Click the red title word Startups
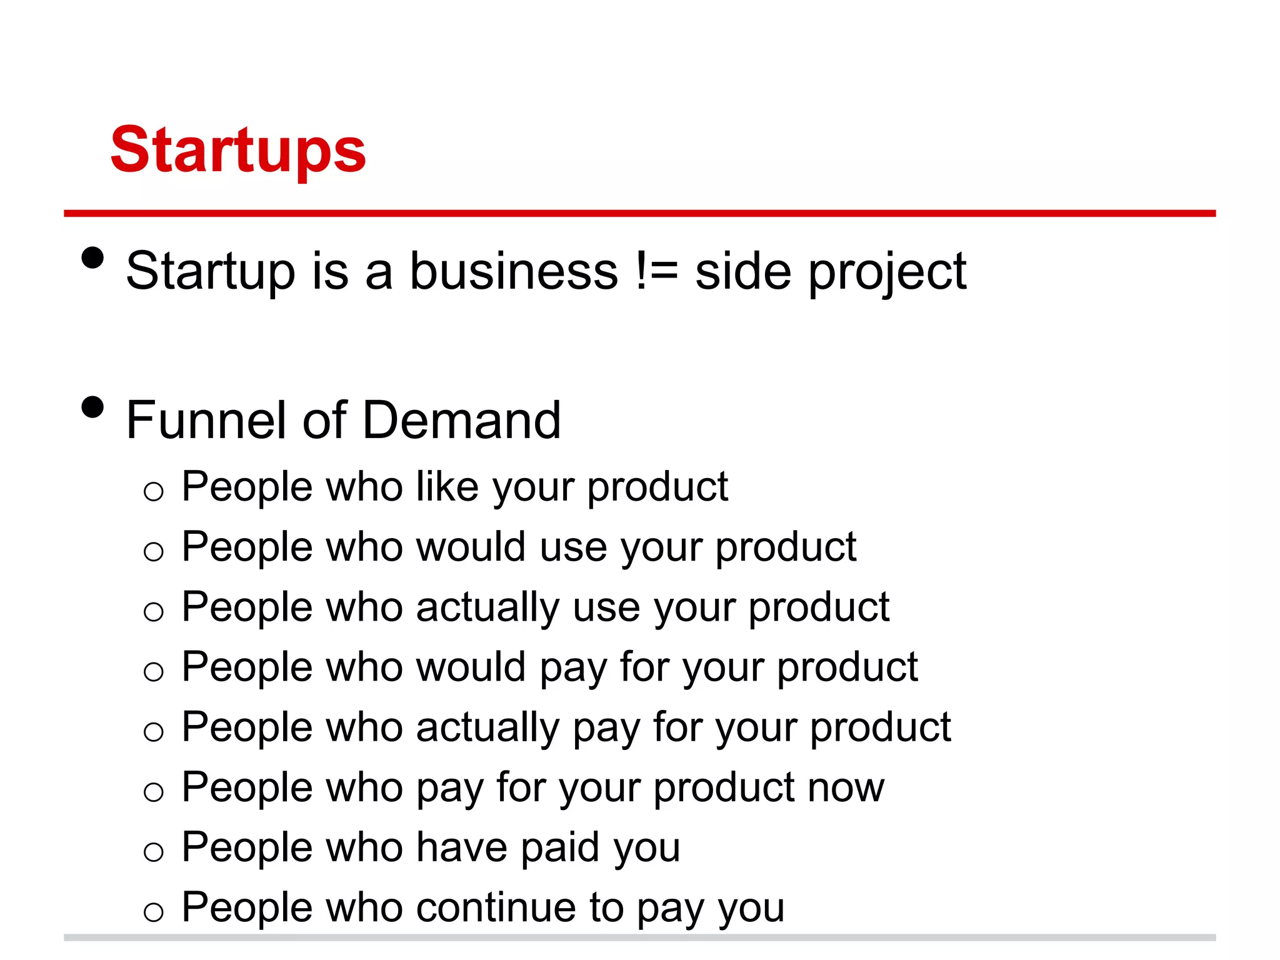(x=237, y=150)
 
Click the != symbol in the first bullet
(x=656, y=271)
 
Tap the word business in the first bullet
(x=514, y=271)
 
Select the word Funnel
(x=206, y=420)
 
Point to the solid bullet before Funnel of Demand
(x=92, y=407)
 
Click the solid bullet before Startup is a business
(x=92, y=257)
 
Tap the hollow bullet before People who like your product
(x=153, y=491)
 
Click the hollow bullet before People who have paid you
(x=153, y=852)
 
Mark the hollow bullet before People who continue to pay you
(x=153, y=912)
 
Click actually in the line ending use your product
(x=487, y=607)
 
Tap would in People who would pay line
(x=471, y=667)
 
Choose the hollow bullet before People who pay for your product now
(x=153, y=792)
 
